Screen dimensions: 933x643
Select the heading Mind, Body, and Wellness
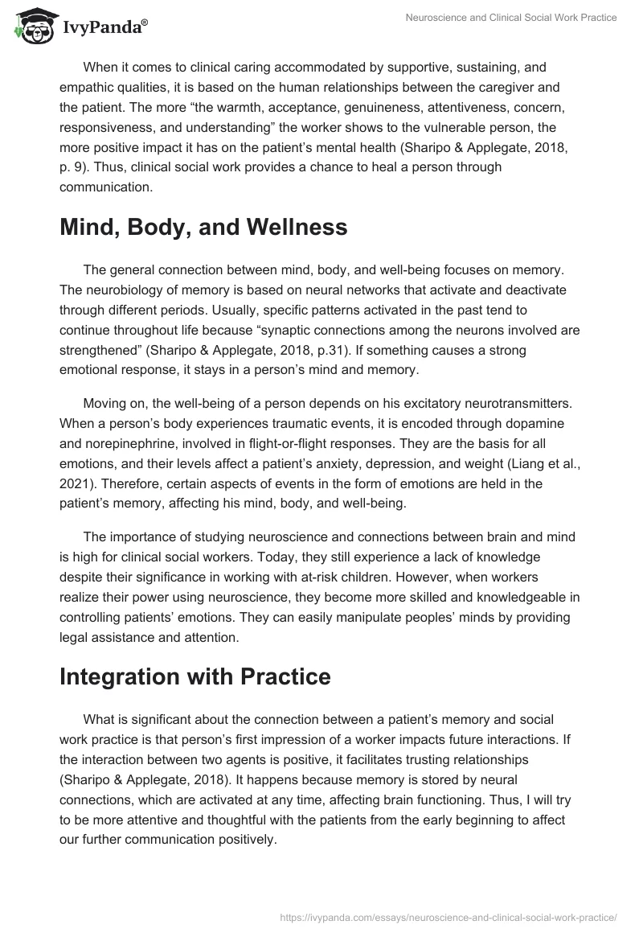pyautogui.click(x=203, y=228)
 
